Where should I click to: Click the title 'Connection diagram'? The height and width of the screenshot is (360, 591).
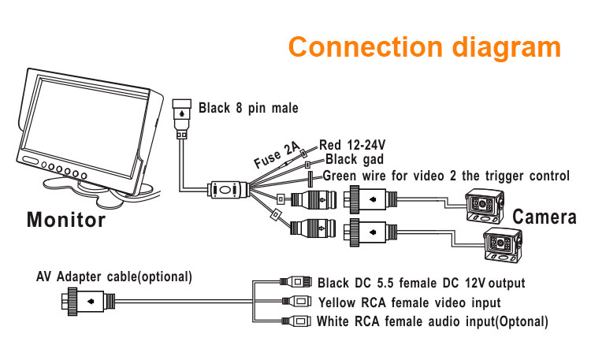click(424, 46)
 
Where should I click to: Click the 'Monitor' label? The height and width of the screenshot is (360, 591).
click(66, 219)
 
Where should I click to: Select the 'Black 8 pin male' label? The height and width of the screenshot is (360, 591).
click(248, 108)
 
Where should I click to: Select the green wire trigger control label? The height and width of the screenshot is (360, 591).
click(446, 176)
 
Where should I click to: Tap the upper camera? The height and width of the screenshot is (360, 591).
click(487, 206)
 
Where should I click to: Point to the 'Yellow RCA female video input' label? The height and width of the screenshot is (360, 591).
click(409, 302)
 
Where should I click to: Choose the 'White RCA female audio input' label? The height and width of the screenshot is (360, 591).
click(432, 321)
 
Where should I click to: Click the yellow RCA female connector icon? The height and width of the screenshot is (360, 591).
click(298, 302)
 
